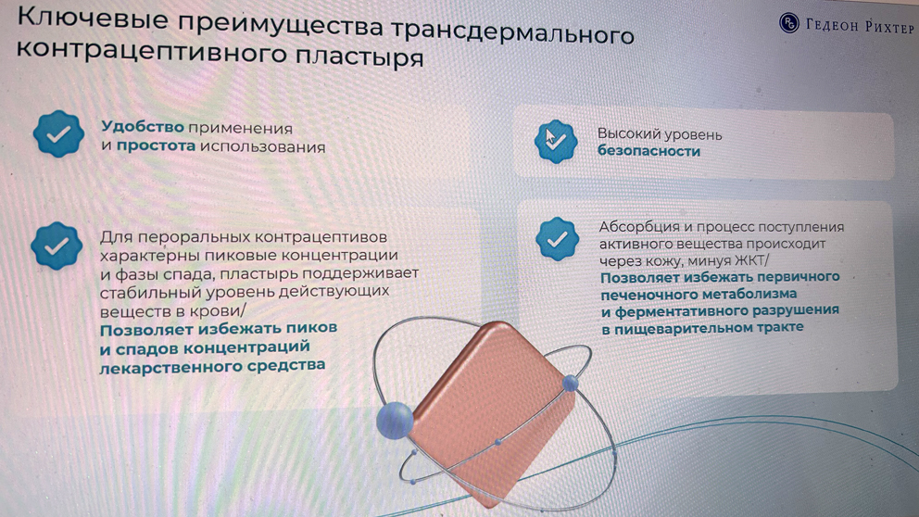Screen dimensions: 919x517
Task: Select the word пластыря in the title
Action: (x=359, y=57)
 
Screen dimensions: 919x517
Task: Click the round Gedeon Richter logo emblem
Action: (x=789, y=23)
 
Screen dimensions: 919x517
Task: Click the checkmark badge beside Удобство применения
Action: (x=58, y=133)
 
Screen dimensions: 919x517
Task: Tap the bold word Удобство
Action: (x=143, y=127)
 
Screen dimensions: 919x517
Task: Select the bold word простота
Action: (x=156, y=145)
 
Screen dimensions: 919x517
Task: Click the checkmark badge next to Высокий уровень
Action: (x=555, y=141)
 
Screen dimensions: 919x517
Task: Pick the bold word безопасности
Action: (x=648, y=151)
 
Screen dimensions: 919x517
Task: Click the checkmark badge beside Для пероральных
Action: (x=57, y=246)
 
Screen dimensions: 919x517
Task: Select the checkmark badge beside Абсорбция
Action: (x=557, y=238)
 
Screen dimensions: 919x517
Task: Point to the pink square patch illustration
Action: (x=491, y=410)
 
